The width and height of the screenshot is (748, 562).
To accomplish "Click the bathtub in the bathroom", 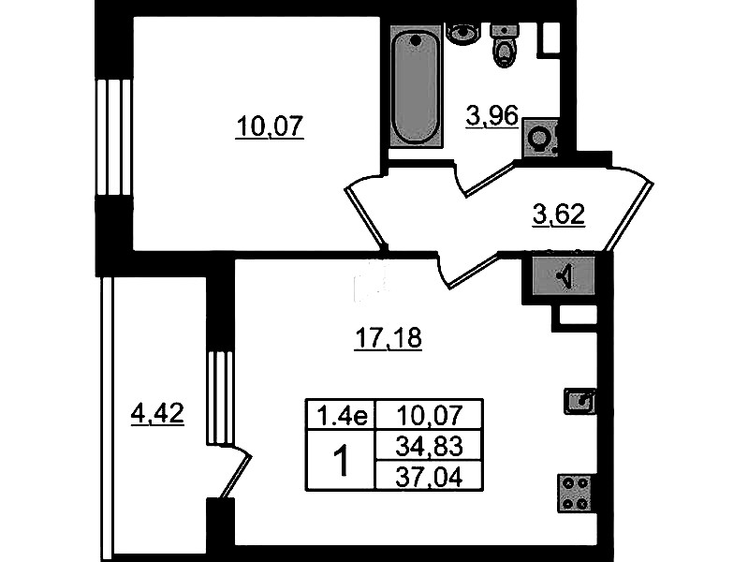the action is tap(416, 85).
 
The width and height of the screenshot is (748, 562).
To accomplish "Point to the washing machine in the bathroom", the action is tap(540, 138).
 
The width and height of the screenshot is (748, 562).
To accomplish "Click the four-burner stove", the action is tap(576, 494).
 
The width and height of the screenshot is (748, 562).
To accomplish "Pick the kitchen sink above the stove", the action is tap(579, 401).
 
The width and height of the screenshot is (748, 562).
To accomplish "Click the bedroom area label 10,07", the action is tap(270, 127).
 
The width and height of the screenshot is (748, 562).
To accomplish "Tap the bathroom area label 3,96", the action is tap(491, 116).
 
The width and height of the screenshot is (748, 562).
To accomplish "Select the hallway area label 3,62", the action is tap(559, 214).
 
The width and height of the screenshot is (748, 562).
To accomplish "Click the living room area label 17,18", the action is tap(389, 338).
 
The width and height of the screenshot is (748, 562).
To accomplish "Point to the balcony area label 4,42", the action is tap(157, 413).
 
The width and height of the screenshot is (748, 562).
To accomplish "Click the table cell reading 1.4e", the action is tap(342, 414).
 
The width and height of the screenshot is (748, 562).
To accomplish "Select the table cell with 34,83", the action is tap(430, 446).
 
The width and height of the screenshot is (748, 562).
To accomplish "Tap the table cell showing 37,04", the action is tap(430, 476).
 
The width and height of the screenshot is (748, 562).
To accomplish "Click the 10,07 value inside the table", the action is tap(430, 414).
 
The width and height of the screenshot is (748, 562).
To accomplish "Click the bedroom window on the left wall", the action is tap(113, 137).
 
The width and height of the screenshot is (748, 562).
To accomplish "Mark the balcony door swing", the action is tap(235, 473).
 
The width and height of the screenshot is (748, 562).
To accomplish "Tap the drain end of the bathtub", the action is tap(417, 40).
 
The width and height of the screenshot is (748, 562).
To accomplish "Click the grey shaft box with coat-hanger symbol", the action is tap(564, 275).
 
